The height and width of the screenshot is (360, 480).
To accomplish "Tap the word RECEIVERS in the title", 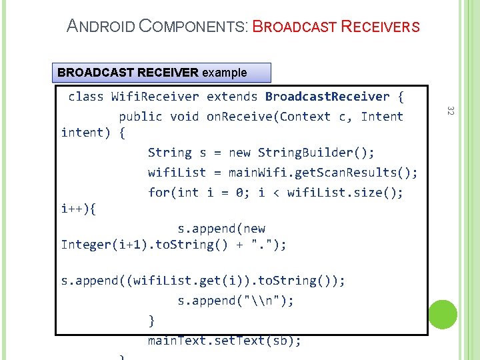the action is click(x=380, y=27).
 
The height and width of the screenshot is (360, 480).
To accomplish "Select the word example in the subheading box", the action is click(x=224, y=73).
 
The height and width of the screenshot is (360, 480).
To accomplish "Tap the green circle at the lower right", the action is click(x=443, y=314).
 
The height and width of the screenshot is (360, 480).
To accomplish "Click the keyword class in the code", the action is click(x=86, y=97).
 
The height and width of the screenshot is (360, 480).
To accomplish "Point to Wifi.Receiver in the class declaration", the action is click(x=155, y=97).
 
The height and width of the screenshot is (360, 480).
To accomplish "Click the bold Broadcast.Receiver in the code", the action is click(x=327, y=97).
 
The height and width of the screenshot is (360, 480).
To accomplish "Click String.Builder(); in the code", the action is click(x=316, y=153).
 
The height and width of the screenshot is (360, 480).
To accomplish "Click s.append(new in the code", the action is click(x=221, y=229).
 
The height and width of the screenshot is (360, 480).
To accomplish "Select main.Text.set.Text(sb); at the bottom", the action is click(x=225, y=341).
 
